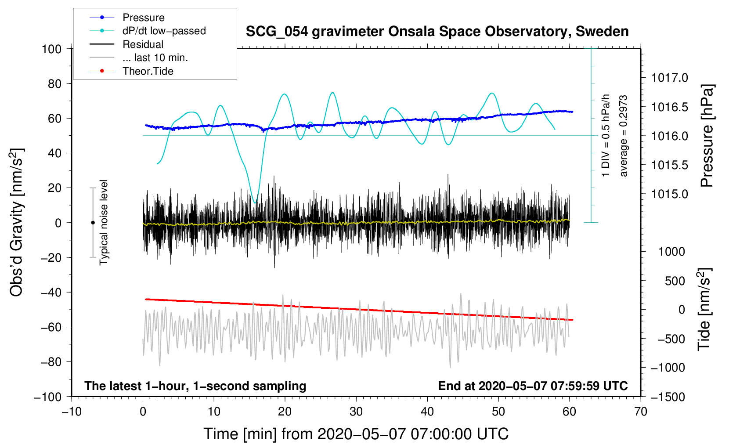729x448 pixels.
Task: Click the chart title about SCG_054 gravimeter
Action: (437, 32)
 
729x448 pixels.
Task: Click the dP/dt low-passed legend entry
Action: (164, 31)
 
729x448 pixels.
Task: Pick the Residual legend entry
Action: (143, 44)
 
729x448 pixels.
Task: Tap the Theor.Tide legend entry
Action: (148, 71)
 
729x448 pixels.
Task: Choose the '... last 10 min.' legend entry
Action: (155, 58)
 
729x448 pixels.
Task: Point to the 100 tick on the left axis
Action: (51, 49)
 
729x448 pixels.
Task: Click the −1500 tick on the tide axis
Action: (668, 397)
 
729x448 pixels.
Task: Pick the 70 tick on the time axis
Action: (641, 412)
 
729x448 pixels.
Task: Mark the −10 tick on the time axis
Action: (72, 412)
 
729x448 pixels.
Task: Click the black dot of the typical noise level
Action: (93, 223)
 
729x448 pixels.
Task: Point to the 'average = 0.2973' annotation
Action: (624, 136)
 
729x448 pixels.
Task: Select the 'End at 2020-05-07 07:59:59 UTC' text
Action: (533, 386)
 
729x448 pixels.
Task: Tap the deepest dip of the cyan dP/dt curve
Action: (256, 202)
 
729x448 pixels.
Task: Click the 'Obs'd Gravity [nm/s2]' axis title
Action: (17, 223)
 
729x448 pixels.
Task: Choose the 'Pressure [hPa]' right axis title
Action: (707, 136)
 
